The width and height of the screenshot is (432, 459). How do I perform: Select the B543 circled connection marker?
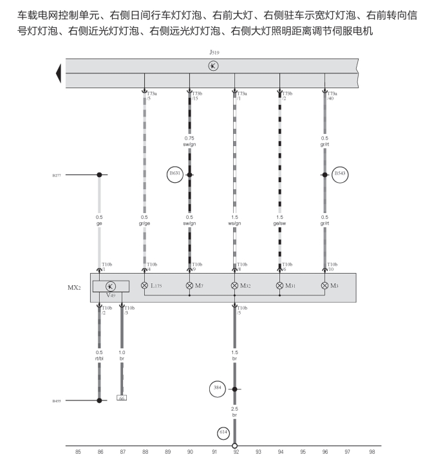[x=340, y=174]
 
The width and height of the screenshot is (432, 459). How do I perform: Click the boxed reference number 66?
[x=121, y=398]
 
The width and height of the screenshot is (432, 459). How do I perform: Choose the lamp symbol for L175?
[x=144, y=285]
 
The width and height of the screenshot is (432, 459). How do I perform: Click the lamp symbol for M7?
[x=189, y=285]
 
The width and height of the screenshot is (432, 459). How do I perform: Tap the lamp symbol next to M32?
[x=234, y=285]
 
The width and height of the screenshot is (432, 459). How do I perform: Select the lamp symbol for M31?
[x=279, y=285]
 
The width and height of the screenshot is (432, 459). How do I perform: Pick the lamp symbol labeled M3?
[x=324, y=285]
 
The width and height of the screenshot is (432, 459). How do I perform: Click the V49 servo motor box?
[x=111, y=286]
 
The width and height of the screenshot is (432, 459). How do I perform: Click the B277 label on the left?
[x=57, y=174]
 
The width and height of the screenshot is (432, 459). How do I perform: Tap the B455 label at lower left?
[x=57, y=400]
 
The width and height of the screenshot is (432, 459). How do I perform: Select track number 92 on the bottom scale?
[x=235, y=453]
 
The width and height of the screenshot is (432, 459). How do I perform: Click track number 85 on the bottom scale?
[x=78, y=453]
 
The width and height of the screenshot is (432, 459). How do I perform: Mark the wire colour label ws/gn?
[x=234, y=223]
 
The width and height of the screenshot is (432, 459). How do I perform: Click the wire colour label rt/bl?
[x=99, y=359]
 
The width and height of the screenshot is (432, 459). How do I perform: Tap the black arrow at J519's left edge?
[x=60, y=73]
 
